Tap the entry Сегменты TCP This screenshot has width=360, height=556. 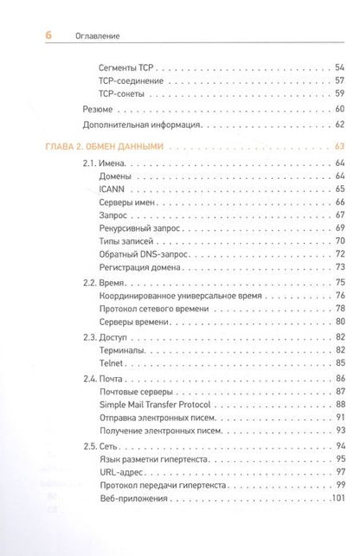127,65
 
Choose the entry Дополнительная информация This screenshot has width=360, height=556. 142,125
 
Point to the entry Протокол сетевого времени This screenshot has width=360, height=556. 154,309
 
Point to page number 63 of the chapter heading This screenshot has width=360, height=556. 339,146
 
